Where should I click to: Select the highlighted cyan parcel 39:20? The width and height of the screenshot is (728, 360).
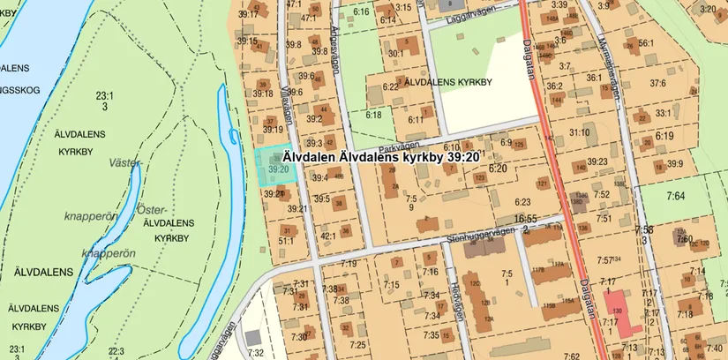click(274, 163)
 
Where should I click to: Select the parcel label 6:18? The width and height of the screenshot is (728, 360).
click(373, 114)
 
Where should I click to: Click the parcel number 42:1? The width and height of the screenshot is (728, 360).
click(328, 236)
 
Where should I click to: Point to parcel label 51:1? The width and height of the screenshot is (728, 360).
click(286, 240)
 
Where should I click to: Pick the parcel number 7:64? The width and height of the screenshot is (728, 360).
click(676, 195)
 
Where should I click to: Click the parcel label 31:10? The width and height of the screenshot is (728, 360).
click(579, 132)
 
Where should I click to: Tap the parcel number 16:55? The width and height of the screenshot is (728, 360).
click(527, 217)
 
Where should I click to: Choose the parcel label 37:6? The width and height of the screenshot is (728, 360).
click(658, 83)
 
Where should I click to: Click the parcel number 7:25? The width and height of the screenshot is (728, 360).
click(356, 344)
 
